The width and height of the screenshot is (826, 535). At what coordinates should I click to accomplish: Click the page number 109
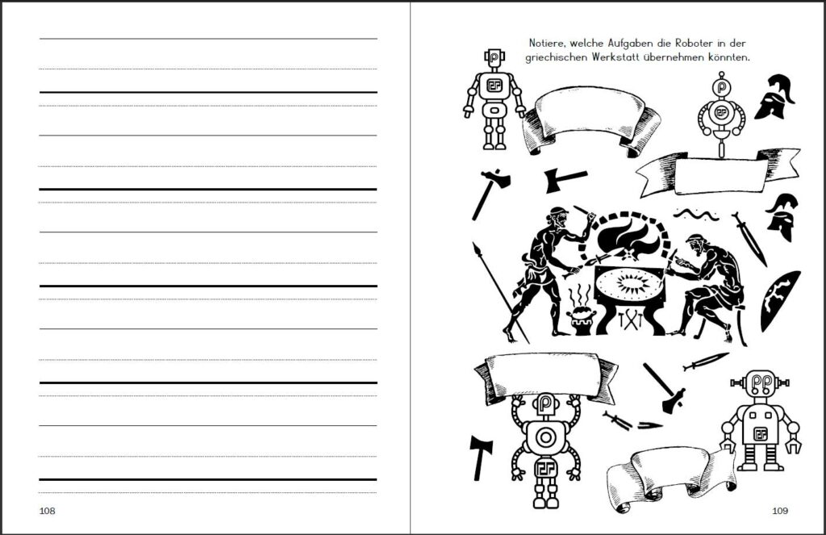coord(780,510)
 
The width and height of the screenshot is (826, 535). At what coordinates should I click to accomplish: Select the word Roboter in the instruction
coord(700,43)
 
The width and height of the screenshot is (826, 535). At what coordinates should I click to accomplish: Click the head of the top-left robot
coord(494,58)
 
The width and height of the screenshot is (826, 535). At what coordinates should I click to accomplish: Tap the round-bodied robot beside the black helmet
coord(721,113)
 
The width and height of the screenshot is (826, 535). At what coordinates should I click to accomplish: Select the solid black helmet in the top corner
coord(775,96)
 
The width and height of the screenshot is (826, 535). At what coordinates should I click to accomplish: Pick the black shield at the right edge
coord(779,300)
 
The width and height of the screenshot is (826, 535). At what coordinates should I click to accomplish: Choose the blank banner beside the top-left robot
coord(591,118)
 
